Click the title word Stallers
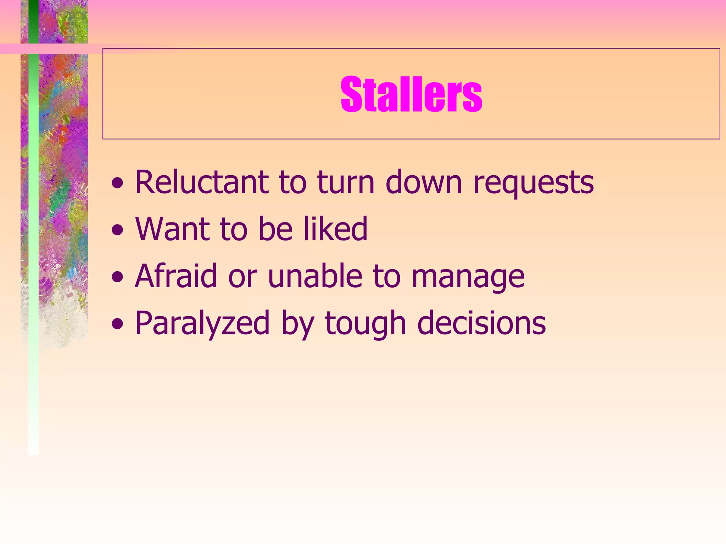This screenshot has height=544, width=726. point(411,95)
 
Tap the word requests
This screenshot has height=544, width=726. point(534,183)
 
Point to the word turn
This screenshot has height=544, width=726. point(346,183)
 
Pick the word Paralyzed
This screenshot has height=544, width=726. point(202,323)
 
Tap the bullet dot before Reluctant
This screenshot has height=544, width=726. point(118,183)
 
